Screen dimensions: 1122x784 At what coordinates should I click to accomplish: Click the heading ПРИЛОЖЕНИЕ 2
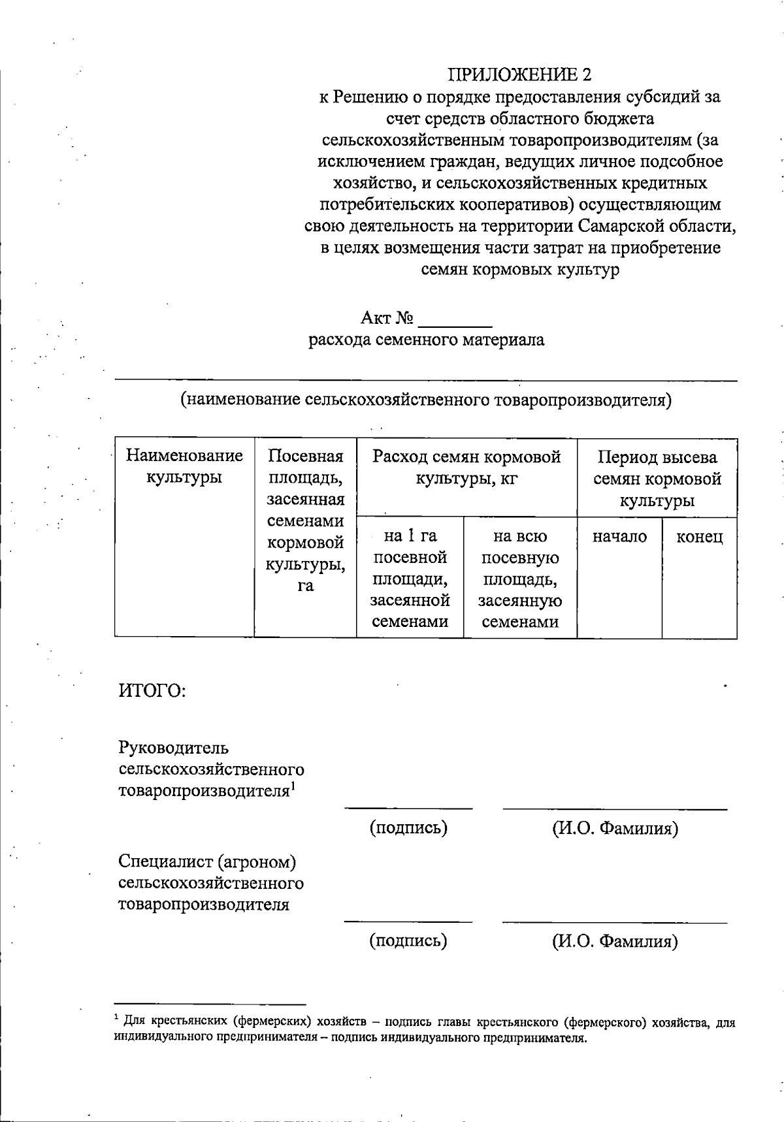click(519, 75)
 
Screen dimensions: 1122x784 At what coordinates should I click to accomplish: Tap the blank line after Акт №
click(455, 321)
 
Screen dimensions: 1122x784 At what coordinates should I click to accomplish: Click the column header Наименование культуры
click(184, 466)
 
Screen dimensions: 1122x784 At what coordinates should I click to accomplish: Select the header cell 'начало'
click(619, 537)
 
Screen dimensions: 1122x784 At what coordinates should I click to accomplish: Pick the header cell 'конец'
click(699, 537)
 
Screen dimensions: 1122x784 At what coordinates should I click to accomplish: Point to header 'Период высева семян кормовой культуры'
click(657, 479)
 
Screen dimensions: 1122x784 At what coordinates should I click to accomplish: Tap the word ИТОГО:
click(152, 690)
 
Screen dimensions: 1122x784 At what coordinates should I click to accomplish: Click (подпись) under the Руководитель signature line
click(408, 828)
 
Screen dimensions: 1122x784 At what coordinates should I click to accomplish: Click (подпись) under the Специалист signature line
click(408, 941)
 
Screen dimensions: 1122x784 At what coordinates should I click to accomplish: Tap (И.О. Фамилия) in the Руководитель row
click(615, 828)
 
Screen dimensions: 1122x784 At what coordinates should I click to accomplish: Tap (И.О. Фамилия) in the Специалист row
click(615, 941)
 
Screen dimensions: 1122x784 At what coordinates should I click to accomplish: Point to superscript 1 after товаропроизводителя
click(294, 786)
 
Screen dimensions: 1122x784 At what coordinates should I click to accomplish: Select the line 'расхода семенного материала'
click(426, 340)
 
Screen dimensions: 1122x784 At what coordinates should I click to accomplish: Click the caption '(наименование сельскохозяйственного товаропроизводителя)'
click(426, 399)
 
